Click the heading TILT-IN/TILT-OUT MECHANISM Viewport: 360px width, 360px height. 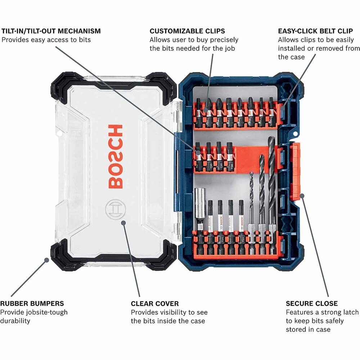[51, 31]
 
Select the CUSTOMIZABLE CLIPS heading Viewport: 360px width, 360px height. [187, 31]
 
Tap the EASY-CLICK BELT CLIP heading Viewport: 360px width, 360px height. [318, 31]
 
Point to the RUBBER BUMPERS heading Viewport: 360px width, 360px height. [32, 303]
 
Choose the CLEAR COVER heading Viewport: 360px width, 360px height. [155, 303]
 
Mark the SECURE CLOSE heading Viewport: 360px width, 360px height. [312, 303]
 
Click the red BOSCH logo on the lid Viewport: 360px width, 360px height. [115, 157]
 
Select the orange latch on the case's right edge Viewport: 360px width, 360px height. [296, 171]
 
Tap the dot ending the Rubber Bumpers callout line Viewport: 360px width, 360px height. [46, 259]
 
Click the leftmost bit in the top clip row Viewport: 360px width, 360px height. [198, 112]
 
